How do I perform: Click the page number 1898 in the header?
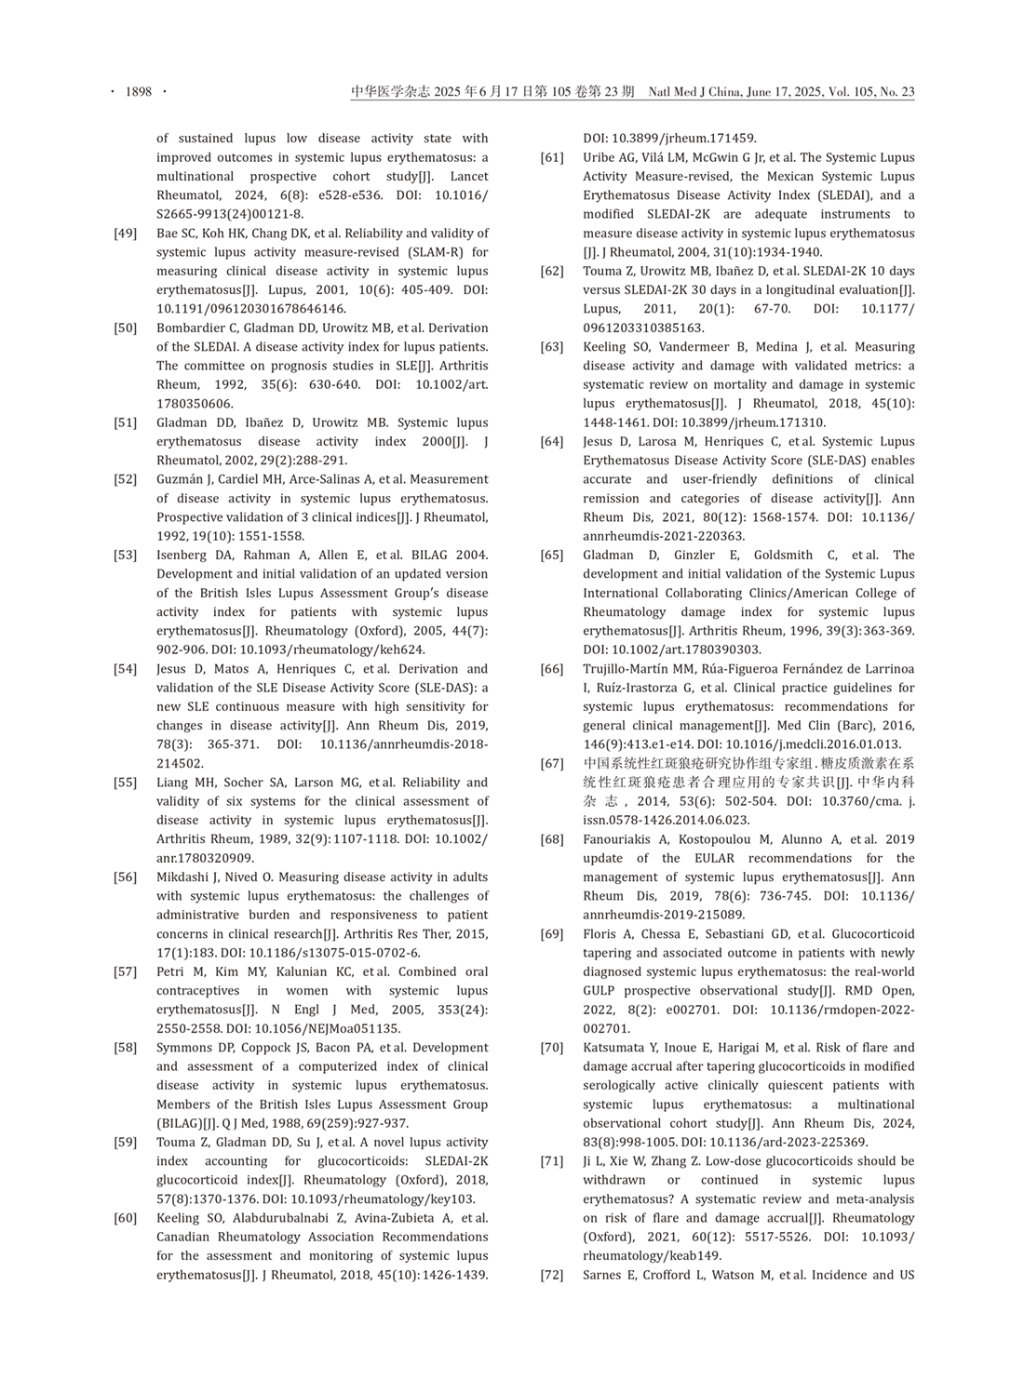pos(138,92)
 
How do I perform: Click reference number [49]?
pos(126,234)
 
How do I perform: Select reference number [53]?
pos(126,556)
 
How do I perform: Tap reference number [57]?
pos(126,971)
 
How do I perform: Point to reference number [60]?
pos(126,1218)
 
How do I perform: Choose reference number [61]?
pos(552,157)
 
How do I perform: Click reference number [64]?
pos(552,442)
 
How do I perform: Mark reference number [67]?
pos(552,764)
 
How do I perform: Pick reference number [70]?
pos(552,1048)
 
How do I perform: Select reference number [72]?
pos(552,1275)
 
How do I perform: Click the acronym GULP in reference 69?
pos(600,991)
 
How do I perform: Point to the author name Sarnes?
pos(603,1275)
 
